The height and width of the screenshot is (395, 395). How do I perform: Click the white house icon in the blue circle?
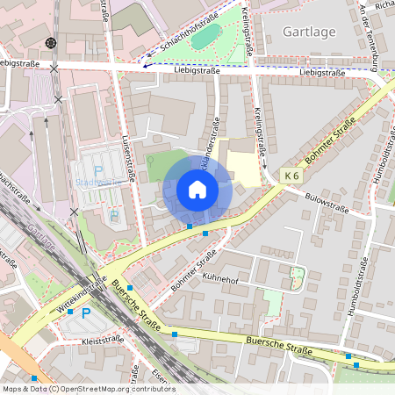(x=197, y=189)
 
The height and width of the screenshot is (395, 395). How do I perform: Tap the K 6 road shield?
(x=293, y=176)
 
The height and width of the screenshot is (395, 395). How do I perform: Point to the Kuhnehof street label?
(x=219, y=279)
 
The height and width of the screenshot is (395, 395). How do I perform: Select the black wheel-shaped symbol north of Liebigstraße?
(x=51, y=42)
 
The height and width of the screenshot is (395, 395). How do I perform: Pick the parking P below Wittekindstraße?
(x=85, y=313)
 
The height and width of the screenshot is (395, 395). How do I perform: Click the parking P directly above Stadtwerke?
(x=98, y=170)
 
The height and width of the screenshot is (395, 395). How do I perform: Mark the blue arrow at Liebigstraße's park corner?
(x=146, y=64)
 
